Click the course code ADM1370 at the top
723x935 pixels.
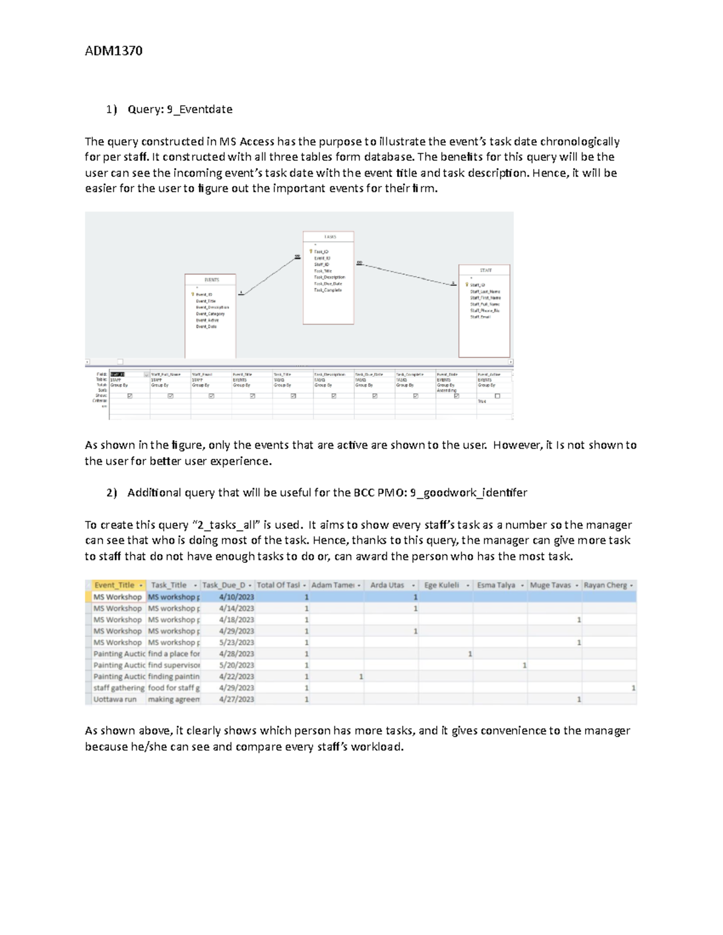point(113,51)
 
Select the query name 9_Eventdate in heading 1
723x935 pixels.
point(199,110)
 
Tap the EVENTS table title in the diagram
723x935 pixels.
point(211,280)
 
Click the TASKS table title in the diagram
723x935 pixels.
point(330,237)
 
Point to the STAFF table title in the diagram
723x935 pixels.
point(486,271)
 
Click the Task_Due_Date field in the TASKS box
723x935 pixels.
point(328,284)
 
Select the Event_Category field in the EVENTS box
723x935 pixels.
point(210,314)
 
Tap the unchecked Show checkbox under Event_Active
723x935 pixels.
point(497,396)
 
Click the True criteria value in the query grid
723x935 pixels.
point(482,402)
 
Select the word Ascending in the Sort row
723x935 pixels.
point(446,391)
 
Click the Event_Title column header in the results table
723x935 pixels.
point(114,585)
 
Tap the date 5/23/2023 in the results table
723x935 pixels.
point(237,642)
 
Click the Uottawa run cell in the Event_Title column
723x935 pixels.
point(115,700)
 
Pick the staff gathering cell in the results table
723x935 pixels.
point(119,688)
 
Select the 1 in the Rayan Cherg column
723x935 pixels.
point(633,688)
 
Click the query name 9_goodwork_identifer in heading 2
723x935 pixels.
point(468,493)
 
